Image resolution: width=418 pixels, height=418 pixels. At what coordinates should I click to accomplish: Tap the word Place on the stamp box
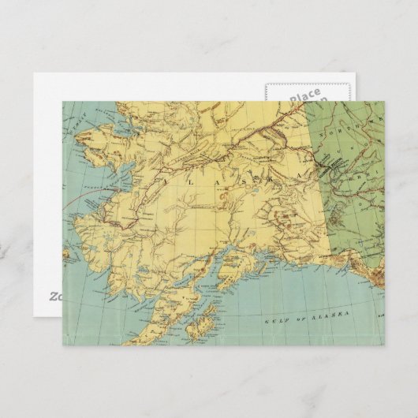click(x=304, y=96)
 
